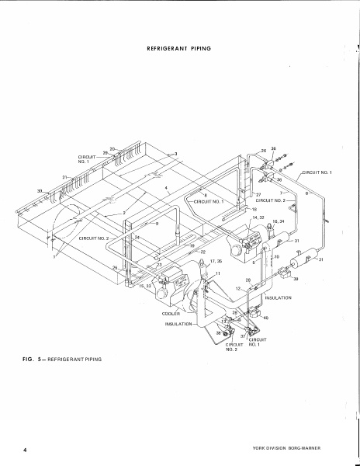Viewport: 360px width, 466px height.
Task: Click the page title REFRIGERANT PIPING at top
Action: [179, 48]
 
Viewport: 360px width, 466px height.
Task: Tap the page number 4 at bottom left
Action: [25, 450]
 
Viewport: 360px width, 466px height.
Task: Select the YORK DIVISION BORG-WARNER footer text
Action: [286, 448]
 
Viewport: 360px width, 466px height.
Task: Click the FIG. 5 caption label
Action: [33, 359]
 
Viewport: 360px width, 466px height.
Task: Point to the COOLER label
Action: [171, 314]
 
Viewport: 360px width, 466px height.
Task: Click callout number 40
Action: [266, 318]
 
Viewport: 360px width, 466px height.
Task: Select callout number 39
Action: [296, 279]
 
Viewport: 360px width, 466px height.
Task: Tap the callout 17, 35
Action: [216, 261]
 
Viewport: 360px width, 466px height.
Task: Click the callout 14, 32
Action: [258, 217]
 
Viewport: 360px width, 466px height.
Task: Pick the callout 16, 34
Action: [278, 221]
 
